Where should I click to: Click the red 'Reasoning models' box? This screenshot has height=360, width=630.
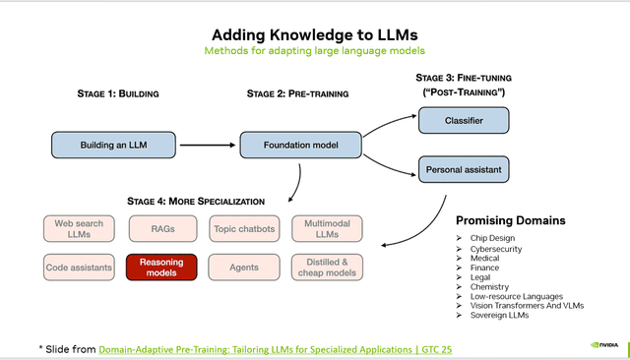pos(161,267)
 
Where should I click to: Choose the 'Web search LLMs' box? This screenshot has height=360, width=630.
pos(79,228)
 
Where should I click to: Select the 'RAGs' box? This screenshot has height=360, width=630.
pos(161,228)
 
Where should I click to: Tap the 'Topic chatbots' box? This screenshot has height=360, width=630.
pos(243,228)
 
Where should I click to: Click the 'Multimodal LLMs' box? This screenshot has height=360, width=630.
pos(327,228)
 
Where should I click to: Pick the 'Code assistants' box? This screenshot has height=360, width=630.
pos(79,267)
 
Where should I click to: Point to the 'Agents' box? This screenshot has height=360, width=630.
pos(243,267)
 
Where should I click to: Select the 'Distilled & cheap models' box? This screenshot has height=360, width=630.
pos(327,267)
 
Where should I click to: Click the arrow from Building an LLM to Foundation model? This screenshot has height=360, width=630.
pos(212,146)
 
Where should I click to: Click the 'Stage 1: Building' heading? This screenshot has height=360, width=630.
pos(117,93)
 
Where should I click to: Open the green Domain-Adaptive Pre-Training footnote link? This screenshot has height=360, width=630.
pos(277,348)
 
